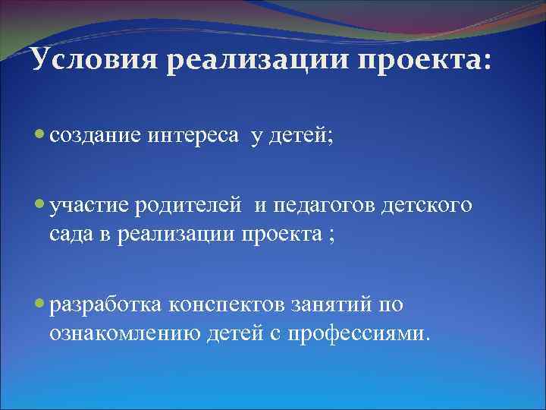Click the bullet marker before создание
pyautogui.click(x=40, y=134)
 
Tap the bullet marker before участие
pyautogui.click(x=40, y=203)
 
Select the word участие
pyautogui.click(x=89, y=204)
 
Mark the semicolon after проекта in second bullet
pyautogui.click(x=328, y=234)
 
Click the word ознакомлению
pyautogui.click(x=125, y=333)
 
